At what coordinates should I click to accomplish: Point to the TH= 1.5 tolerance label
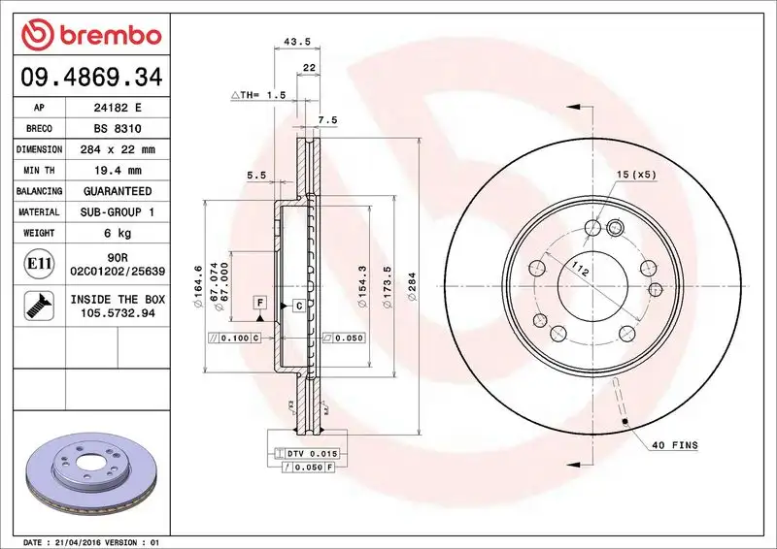tap(260, 96)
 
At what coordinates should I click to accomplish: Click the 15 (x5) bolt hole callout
tap(636, 175)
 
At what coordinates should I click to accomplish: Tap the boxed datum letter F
tap(259, 304)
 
